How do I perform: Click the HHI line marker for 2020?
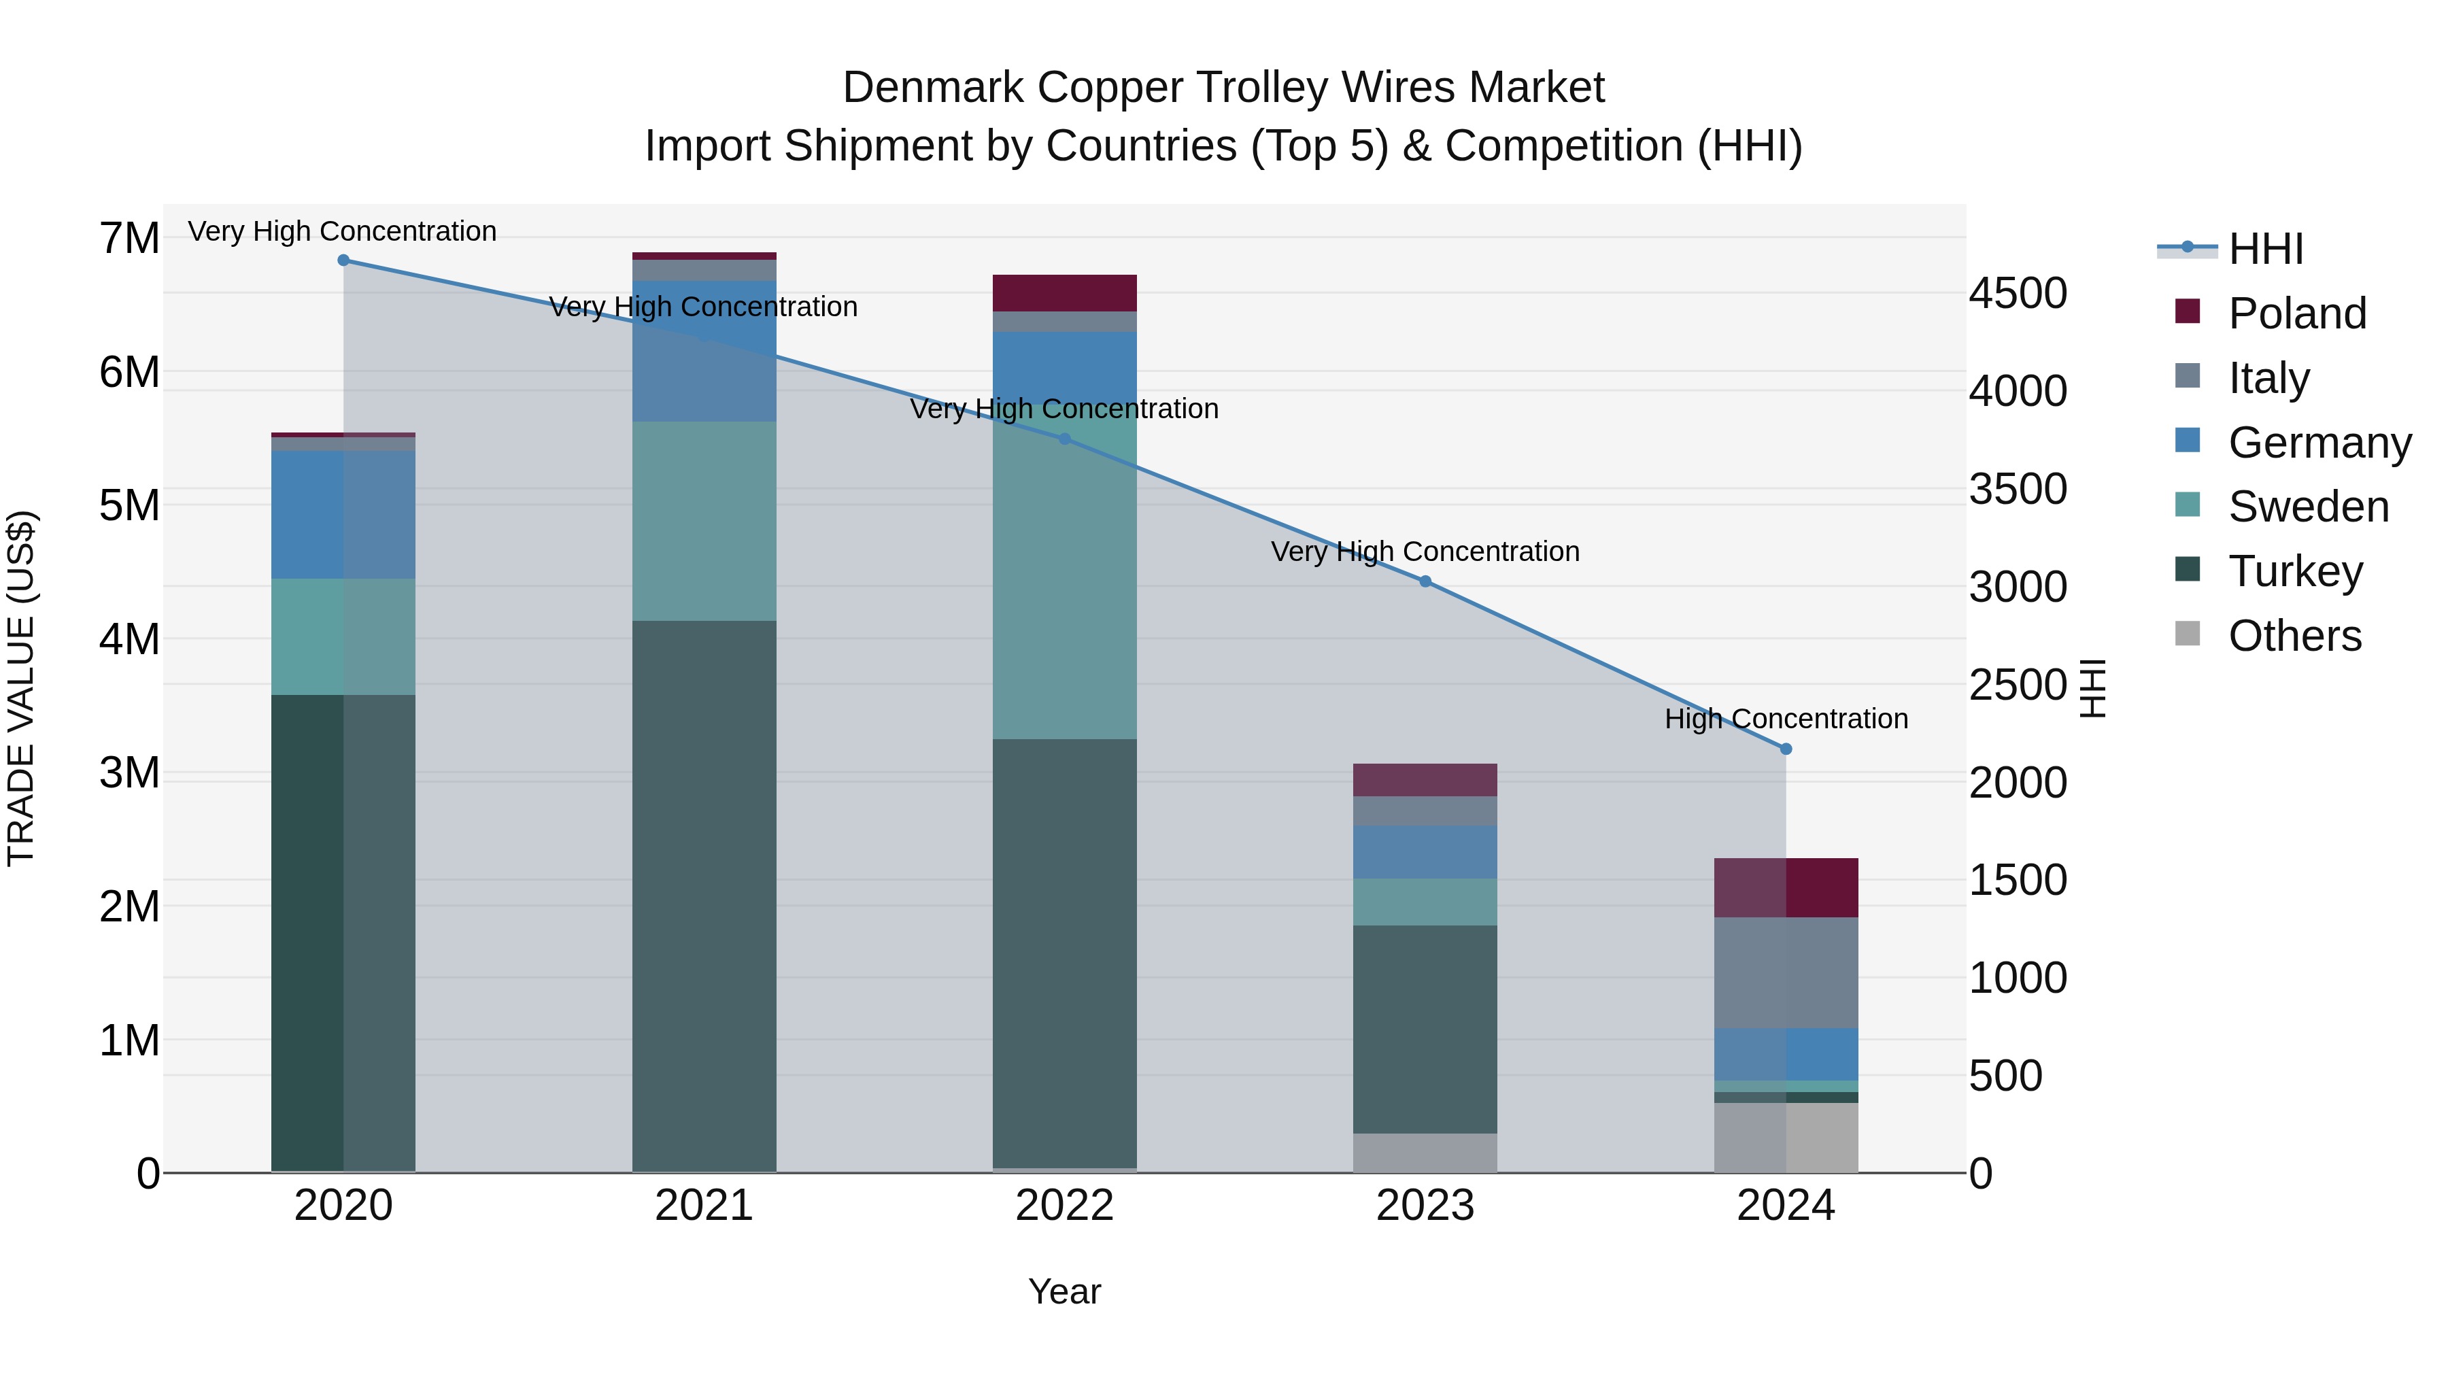pos(343,260)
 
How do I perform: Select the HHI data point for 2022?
pos(1064,439)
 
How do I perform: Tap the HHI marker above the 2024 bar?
pos(1786,749)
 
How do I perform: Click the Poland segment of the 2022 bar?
pos(1064,292)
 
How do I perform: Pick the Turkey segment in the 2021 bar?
pos(704,894)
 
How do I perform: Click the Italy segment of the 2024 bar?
pos(1786,972)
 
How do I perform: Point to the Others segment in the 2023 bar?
pos(1425,1152)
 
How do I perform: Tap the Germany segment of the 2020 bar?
pos(343,514)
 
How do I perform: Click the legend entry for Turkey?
pos(2295,571)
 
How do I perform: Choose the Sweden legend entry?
pos(2307,507)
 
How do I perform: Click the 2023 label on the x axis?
pos(1425,1206)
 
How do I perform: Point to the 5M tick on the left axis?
pos(129,505)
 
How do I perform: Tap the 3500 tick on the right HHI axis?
pos(2017,490)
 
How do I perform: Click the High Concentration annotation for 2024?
pos(1786,719)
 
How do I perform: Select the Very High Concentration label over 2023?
pos(1425,551)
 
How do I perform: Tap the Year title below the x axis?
pos(1064,1291)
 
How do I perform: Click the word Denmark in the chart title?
pos(932,88)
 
